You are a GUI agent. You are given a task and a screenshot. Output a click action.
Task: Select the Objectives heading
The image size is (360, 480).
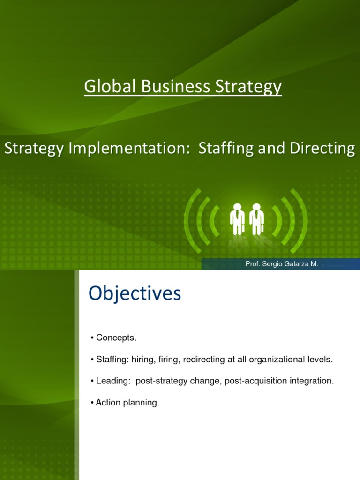pyautogui.click(x=135, y=293)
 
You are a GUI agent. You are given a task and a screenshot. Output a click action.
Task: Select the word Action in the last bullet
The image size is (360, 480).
pyautogui.click(x=106, y=403)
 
